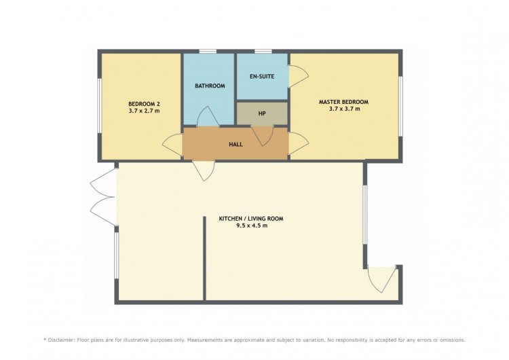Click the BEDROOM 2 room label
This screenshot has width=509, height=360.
point(144,104)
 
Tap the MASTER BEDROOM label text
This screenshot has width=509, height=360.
point(343,102)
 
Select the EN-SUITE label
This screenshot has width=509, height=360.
point(262,76)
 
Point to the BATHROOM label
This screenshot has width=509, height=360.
point(210,86)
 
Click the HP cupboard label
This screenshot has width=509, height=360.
point(262,113)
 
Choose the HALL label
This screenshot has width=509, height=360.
point(235,144)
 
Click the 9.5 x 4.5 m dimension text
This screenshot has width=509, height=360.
point(252,226)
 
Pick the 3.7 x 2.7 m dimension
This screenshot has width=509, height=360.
point(144,111)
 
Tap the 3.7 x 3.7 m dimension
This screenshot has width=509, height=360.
point(344,109)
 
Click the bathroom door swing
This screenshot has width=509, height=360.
point(208,116)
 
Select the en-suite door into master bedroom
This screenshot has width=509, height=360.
point(299,76)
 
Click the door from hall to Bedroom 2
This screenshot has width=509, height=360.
point(172,145)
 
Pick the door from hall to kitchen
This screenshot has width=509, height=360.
point(204,170)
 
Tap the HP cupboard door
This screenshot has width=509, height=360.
point(262,136)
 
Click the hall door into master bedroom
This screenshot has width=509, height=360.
point(299,143)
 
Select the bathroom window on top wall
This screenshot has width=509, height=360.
point(208,52)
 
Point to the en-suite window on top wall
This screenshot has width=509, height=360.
point(263,52)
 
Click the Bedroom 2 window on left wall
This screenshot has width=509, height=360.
point(100,105)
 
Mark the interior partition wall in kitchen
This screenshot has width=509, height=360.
point(204,258)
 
